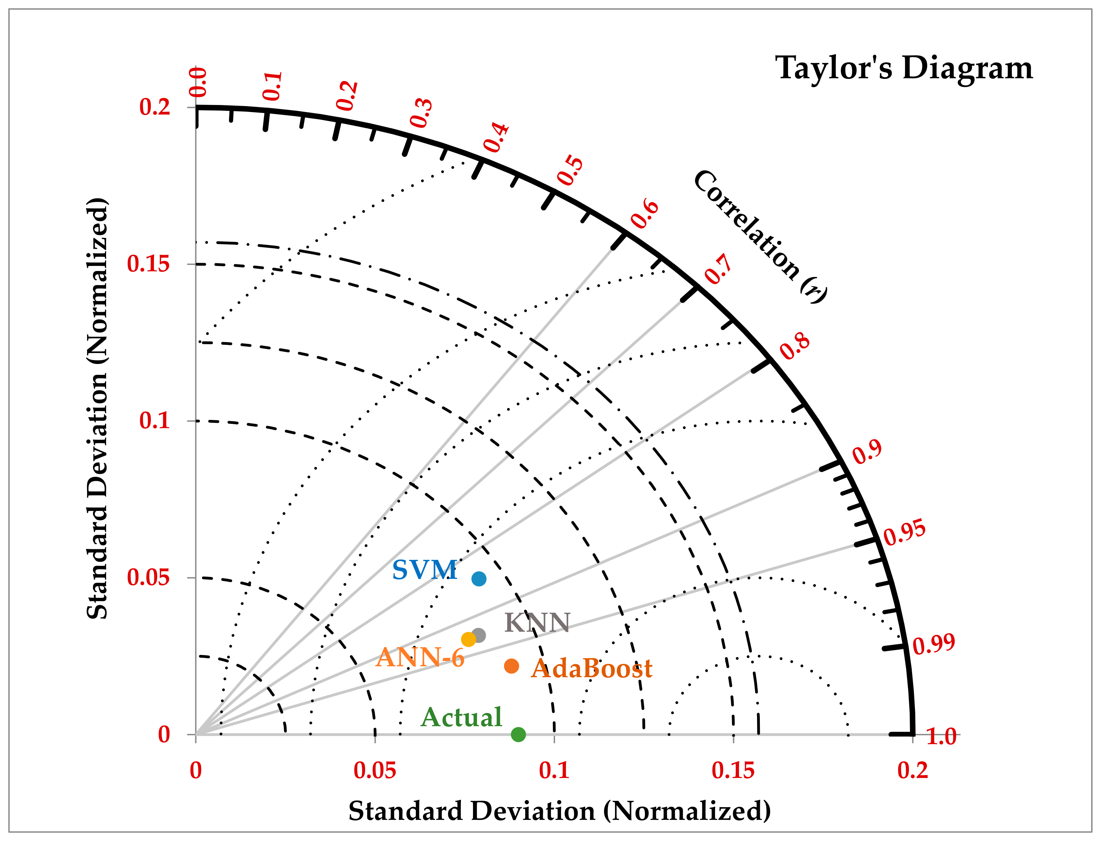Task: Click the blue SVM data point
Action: pyautogui.click(x=479, y=579)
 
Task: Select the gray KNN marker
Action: pyautogui.click(x=479, y=636)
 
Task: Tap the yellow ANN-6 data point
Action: pyautogui.click(x=468, y=639)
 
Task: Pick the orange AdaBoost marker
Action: pyautogui.click(x=511, y=666)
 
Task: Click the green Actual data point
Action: pyautogui.click(x=518, y=734)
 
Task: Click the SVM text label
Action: pyautogui.click(x=424, y=570)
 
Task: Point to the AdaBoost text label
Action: pyautogui.click(x=592, y=669)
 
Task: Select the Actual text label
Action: pyautogui.click(x=461, y=717)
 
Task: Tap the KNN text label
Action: pyautogui.click(x=537, y=623)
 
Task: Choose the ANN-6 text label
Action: pyautogui.click(x=420, y=657)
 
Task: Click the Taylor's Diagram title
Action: pyautogui.click(x=904, y=68)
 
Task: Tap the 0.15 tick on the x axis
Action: pyautogui.click(x=733, y=771)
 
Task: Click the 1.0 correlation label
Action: pyautogui.click(x=941, y=736)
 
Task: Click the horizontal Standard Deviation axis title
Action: pyautogui.click(x=559, y=811)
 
